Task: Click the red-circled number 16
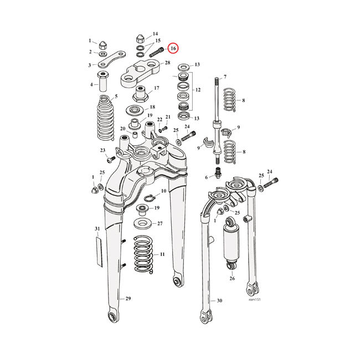tap(173, 49)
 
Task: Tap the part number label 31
tap(97, 229)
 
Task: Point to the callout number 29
tap(128, 299)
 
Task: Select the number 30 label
tap(219, 301)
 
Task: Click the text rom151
tap(255, 300)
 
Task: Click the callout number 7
tap(225, 76)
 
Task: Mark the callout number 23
tap(102, 151)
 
